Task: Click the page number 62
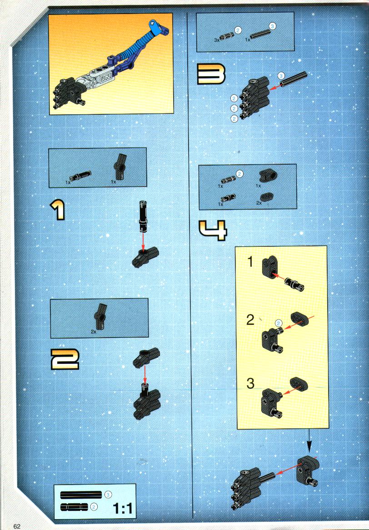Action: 17,526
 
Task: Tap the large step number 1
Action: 58,210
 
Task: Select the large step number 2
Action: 65,359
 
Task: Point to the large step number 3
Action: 211,74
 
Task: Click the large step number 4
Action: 213,230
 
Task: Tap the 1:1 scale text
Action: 123,508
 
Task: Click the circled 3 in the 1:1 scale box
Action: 108,495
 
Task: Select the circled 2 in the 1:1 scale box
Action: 94,507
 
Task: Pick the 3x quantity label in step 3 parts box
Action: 217,40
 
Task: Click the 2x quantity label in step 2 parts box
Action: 94,332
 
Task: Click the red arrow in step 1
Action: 143,242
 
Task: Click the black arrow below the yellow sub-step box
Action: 309,441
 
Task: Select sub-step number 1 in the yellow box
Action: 250,262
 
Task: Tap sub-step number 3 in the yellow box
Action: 250,383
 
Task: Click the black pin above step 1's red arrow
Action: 143,216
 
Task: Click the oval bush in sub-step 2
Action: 299,319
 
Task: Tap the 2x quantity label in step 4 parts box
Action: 259,203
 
